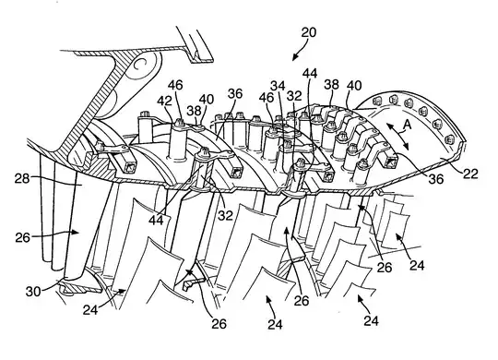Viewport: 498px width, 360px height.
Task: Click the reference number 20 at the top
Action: tap(309, 32)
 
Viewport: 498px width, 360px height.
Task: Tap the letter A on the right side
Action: tap(408, 125)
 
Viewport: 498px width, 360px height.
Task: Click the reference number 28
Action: tap(22, 179)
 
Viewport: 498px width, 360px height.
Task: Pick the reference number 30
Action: tap(33, 292)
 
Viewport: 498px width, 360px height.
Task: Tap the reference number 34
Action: tap(278, 86)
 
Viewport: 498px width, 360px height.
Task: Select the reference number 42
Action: tap(164, 101)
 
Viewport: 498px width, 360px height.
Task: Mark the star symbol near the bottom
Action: tap(190, 272)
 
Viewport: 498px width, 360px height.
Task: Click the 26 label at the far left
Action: tap(23, 237)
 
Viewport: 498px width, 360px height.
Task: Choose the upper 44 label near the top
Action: tap(310, 73)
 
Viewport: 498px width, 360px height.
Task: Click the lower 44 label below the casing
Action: tap(156, 220)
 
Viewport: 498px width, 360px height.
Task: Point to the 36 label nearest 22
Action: tap(435, 179)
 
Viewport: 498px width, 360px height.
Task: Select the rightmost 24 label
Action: tap(417, 265)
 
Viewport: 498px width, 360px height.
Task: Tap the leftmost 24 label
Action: tap(90, 309)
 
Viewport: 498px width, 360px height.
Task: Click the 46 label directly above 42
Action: tap(175, 85)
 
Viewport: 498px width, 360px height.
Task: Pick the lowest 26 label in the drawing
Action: tap(219, 324)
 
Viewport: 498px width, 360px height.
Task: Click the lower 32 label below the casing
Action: tap(225, 216)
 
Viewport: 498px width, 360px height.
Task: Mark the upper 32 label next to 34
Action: tap(294, 96)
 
